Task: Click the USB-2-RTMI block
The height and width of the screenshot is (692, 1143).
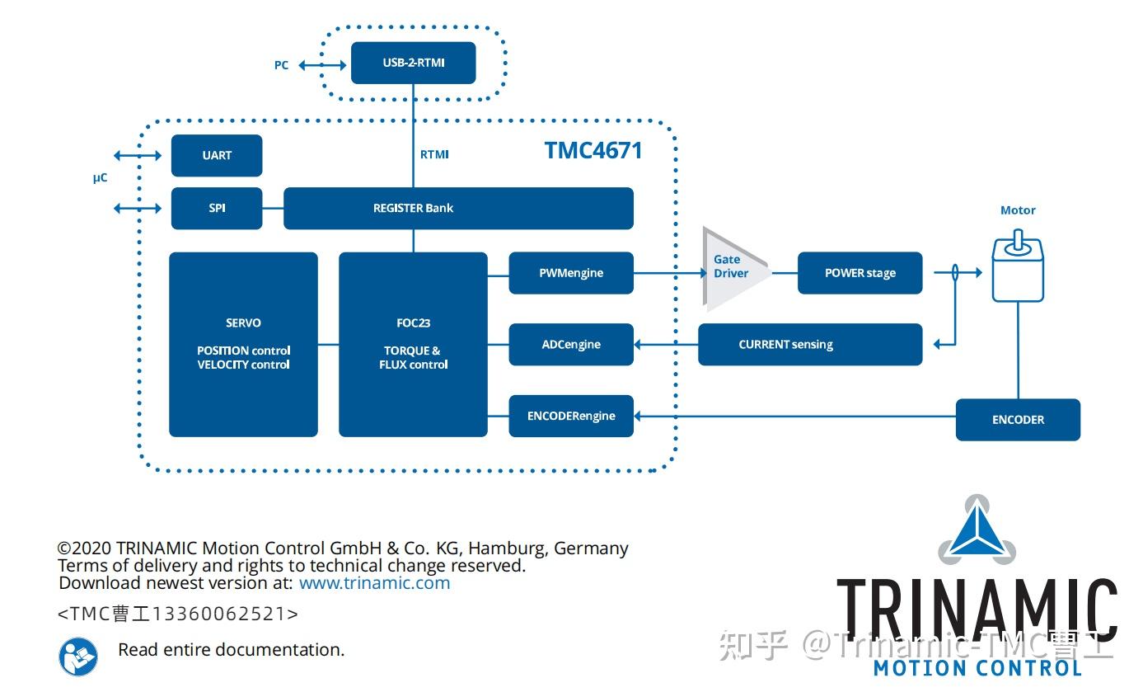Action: coord(413,63)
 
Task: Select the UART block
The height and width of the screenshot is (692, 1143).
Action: coord(217,155)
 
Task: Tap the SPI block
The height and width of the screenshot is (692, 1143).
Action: coord(217,208)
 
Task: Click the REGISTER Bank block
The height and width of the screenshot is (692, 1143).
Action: coord(458,208)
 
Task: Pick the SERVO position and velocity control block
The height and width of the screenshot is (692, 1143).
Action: coord(243,344)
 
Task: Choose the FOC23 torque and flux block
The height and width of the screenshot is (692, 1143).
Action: coord(413,344)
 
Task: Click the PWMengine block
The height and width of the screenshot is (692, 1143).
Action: coord(571,273)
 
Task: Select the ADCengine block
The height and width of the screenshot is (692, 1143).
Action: coord(571,344)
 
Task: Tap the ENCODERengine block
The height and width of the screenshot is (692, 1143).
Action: coord(571,416)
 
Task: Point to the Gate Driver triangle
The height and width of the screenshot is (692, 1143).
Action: coord(731,267)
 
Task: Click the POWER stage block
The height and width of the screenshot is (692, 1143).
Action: coord(860,273)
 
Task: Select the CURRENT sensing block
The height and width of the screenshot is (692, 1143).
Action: coord(809,344)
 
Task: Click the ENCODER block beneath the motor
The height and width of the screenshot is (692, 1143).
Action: coord(1018,420)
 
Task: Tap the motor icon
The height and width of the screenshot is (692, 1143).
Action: coord(1018,267)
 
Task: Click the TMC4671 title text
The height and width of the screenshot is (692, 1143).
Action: coord(593,150)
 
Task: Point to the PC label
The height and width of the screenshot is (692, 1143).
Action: coord(282,65)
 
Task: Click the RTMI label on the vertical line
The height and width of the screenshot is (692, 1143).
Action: coord(434,154)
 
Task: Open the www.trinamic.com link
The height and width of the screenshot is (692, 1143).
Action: coord(374,583)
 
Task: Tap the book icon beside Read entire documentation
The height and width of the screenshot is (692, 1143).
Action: coord(78,657)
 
